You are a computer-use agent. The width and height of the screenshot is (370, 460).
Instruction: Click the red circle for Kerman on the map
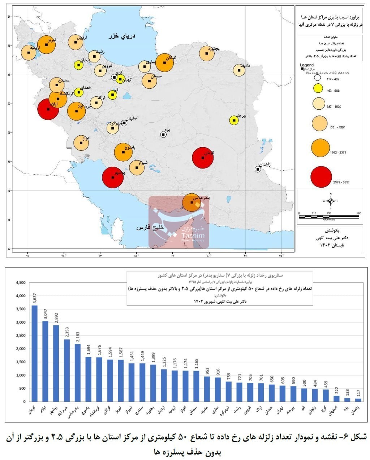203,158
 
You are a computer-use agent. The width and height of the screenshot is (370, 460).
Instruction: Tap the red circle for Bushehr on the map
113,177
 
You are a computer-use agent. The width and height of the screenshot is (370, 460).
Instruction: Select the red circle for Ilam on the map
48,109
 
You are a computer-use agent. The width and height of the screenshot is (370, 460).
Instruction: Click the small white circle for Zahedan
258,169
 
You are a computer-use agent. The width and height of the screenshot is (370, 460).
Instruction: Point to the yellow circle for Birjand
234,120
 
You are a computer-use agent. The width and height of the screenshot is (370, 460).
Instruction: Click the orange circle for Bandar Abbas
192,202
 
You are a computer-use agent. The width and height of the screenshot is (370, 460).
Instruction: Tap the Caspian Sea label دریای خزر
122,36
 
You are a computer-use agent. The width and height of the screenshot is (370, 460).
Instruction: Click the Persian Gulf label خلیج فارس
150,228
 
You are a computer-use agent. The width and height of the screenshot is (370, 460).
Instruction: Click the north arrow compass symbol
331,201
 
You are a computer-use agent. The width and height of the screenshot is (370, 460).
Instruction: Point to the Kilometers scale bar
329,216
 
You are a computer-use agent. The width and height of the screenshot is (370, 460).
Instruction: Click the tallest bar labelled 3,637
35,353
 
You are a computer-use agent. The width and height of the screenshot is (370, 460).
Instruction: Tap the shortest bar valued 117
358,400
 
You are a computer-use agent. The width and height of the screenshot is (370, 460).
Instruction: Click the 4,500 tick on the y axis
21,283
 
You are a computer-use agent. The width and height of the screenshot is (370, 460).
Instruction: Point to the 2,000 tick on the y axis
21,349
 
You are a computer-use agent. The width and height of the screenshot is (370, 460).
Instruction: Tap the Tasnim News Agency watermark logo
179,222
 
